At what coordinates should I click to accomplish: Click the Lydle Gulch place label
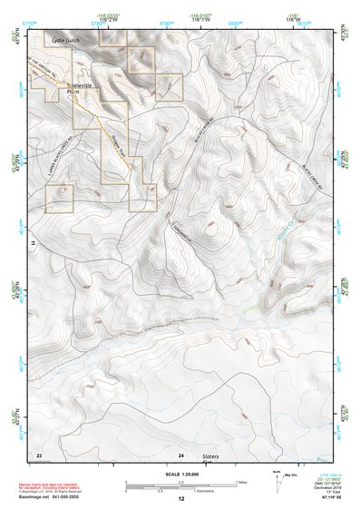click(x=66, y=40)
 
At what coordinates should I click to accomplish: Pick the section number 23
click(x=39, y=453)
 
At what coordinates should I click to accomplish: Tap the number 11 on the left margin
click(x=32, y=244)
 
